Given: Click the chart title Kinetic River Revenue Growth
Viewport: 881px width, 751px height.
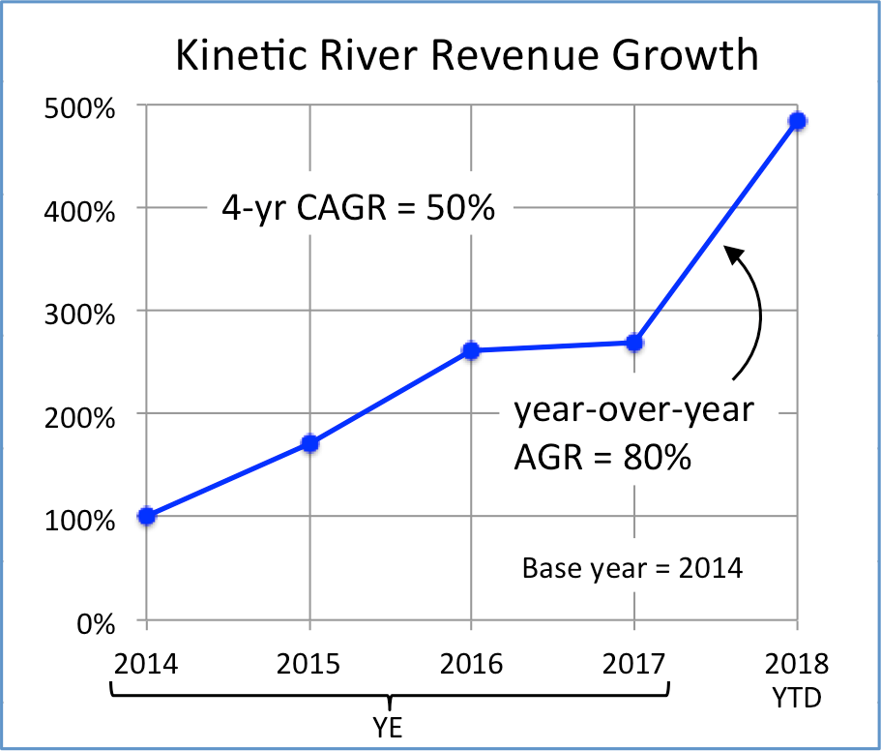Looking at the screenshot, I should pyautogui.click(x=466, y=55).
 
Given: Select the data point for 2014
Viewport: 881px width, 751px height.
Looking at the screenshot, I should pyautogui.click(x=147, y=516).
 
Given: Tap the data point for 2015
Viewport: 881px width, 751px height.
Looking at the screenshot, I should pyautogui.click(x=310, y=443).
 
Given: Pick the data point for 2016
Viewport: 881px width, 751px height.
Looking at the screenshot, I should pyautogui.click(x=471, y=350).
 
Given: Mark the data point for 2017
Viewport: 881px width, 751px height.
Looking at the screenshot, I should pyautogui.click(x=634, y=343).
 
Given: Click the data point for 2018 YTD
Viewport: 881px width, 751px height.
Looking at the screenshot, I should pyautogui.click(x=798, y=121).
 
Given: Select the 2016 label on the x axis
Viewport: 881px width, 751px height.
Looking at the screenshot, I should pyautogui.click(x=472, y=665).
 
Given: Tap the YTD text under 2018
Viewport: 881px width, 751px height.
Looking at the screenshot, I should pyautogui.click(x=798, y=698).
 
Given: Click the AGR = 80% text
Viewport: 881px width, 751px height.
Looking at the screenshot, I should pyautogui.click(x=602, y=456).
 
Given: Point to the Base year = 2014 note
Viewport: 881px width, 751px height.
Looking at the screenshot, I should pyautogui.click(x=632, y=567).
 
